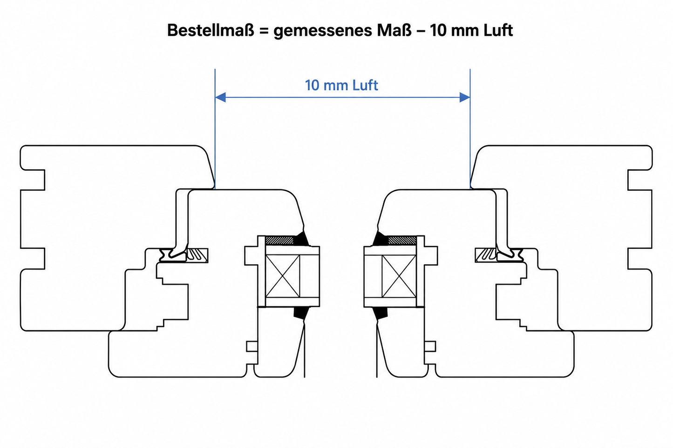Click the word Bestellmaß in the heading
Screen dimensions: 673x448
click(x=211, y=30)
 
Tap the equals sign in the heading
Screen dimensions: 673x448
click(x=264, y=31)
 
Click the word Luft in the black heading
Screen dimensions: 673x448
click(x=498, y=30)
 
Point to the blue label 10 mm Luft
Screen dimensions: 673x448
click(x=341, y=85)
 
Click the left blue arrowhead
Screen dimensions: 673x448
click(x=220, y=97)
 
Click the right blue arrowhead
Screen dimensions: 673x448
click(x=465, y=97)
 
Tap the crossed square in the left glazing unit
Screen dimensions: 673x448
click(x=283, y=276)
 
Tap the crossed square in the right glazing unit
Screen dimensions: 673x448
click(x=399, y=276)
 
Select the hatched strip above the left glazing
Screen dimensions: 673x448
click(x=279, y=241)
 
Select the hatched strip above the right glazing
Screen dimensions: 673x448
click(x=402, y=241)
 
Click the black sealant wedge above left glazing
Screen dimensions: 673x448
click(x=301, y=239)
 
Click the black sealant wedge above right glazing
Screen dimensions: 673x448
click(x=381, y=239)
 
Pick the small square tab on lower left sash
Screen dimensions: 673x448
click(x=252, y=347)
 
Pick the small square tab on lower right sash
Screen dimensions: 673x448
click(x=430, y=347)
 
